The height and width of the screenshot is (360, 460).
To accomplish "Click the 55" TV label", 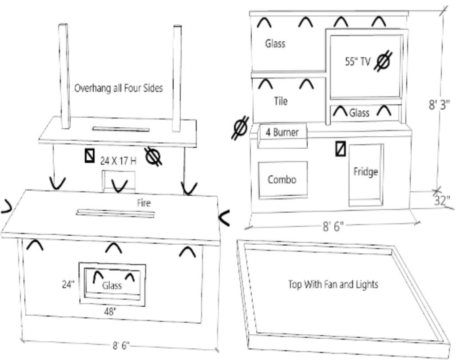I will [357, 62].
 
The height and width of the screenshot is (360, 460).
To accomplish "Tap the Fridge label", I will [365, 171].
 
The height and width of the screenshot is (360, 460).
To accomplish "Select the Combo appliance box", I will [282, 180].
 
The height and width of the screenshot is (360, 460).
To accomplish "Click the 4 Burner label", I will [282, 132].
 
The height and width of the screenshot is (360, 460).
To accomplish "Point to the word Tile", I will [281, 101].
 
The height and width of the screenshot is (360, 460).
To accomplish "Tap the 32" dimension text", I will [442, 201].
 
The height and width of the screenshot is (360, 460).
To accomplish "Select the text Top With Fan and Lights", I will [333, 284].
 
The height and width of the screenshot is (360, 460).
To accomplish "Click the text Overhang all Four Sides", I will [119, 88].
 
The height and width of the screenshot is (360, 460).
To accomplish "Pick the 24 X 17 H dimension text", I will [118, 161].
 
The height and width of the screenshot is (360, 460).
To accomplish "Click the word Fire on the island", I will [143, 203].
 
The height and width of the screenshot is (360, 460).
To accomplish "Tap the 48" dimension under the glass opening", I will [109, 312].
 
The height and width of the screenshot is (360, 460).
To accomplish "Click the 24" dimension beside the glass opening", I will [68, 284].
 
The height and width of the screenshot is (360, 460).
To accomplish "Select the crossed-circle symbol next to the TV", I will [383, 61].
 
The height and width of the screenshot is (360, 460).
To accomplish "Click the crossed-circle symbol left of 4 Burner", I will [240, 128].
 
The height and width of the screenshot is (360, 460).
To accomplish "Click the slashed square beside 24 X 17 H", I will [90, 156].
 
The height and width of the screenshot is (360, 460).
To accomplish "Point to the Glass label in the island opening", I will [112, 285].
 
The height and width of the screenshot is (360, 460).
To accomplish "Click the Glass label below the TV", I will [359, 113].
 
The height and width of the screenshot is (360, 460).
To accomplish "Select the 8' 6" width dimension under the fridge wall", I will [333, 227].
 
